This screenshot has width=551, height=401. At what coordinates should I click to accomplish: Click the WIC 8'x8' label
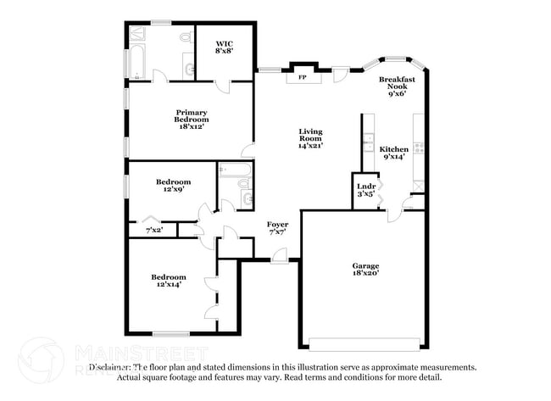pos(224,47)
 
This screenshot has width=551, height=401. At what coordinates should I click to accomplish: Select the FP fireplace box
pos(301,77)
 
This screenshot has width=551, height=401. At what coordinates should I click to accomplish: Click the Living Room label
pos(310,139)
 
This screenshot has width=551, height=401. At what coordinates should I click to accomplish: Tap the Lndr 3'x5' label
pos(365,190)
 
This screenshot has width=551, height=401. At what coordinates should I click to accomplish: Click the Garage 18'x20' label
pos(366,270)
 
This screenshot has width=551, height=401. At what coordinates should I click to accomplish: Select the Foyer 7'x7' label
pos(277,228)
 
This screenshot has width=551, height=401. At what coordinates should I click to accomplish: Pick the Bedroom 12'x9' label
pos(173,186)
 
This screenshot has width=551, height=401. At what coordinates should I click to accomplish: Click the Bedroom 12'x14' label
pos(168,281)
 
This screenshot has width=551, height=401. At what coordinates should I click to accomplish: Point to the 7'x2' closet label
pos(154,230)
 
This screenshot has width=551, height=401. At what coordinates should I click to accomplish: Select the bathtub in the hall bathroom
pos(243,180)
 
